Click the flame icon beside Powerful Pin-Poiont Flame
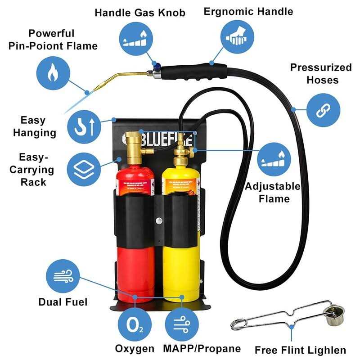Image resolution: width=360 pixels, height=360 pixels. click(54, 71)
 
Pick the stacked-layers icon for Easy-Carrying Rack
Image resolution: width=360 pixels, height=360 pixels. click(83, 168)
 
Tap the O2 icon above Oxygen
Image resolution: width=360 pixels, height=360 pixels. click(135, 323)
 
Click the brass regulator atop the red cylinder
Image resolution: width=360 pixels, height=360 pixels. click(133, 146)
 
